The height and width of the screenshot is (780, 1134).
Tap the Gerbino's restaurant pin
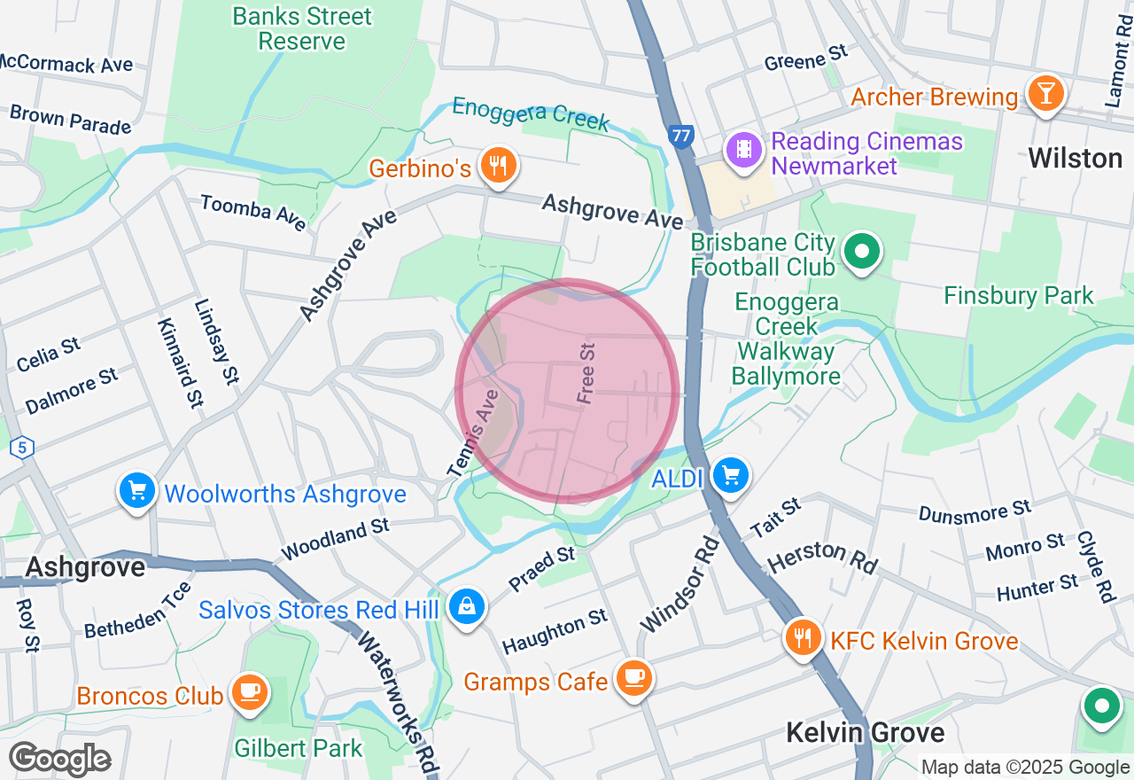pos(498,165)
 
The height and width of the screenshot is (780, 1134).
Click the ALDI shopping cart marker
pos(731,477)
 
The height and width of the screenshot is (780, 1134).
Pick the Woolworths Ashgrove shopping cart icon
pos(137,490)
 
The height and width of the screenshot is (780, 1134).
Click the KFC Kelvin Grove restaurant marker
pos(803,637)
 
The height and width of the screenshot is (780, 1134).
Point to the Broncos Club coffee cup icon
pos(249,692)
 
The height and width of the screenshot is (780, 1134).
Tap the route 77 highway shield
pos(680,136)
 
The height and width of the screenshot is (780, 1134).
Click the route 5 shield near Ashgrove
pos(22,447)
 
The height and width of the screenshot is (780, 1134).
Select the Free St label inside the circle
pos(586,374)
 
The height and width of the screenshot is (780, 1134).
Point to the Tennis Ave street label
pos(476,433)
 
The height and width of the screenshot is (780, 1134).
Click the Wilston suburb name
pos(1075,159)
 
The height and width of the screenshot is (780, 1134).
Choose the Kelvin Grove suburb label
pos(866,733)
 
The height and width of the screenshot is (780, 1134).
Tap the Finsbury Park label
pos(1019,295)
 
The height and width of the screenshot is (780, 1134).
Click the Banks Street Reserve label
pos(302,28)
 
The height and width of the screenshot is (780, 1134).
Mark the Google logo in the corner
pos(60,759)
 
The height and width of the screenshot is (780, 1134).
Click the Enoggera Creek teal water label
pos(531,113)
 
